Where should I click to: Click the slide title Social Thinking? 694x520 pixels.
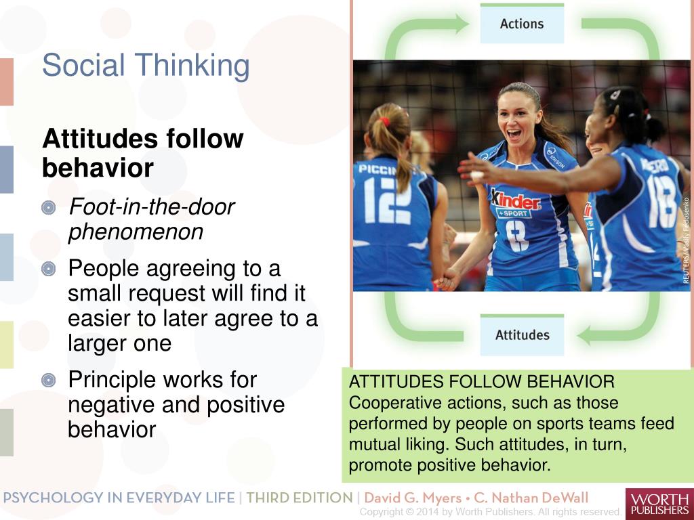tap(146, 66)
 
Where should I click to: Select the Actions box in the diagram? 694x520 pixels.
tap(521, 24)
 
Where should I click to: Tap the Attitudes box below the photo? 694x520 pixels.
tap(522, 334)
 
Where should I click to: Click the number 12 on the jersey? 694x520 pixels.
tap(387, 200)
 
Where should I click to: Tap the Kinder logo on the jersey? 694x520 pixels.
tap(515, 201)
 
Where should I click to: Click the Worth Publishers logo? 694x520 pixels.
tap(659, 503)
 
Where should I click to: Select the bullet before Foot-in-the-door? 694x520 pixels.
tap(49, 208)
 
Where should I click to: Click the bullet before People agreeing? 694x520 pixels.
tap(49, 269)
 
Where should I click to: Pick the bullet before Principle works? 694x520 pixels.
tap(49, 381)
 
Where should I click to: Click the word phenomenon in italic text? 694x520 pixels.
tap(136, 232)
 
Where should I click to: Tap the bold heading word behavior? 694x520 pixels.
tap(98, 168)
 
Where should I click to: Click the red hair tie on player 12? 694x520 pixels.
tap(384, 121)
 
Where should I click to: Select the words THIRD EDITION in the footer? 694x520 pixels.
tap(299, 498)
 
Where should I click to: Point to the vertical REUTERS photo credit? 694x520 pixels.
tap(686, 240)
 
